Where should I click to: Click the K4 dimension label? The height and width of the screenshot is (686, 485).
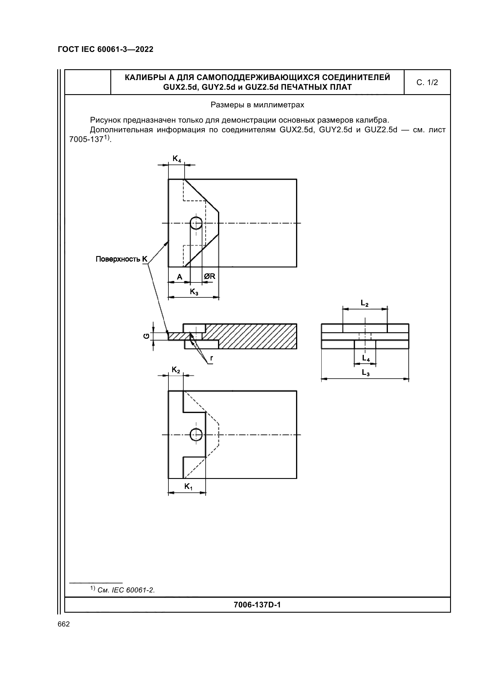point(177,159)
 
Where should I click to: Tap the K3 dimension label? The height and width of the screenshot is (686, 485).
point(194,292)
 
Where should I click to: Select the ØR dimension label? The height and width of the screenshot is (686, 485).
point(209,276)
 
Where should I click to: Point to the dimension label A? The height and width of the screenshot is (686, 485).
point(180,277)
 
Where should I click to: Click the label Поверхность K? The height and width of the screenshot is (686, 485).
point(122,259)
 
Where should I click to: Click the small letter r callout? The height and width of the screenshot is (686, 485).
point(211,358)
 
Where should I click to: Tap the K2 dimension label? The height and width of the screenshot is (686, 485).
point(176,370)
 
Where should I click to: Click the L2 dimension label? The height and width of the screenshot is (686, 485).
point(365,303)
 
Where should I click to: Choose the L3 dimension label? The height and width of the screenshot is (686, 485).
point(366,372)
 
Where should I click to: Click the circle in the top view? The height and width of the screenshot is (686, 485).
point(196,223)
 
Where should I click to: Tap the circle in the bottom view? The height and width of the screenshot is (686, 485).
point(196,435)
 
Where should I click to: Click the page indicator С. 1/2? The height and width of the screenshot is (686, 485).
point(427,82)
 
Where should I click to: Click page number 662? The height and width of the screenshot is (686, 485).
point(64,624)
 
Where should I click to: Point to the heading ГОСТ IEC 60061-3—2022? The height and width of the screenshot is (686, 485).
point(106,49)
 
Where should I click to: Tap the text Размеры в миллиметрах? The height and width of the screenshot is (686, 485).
point(257,105)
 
